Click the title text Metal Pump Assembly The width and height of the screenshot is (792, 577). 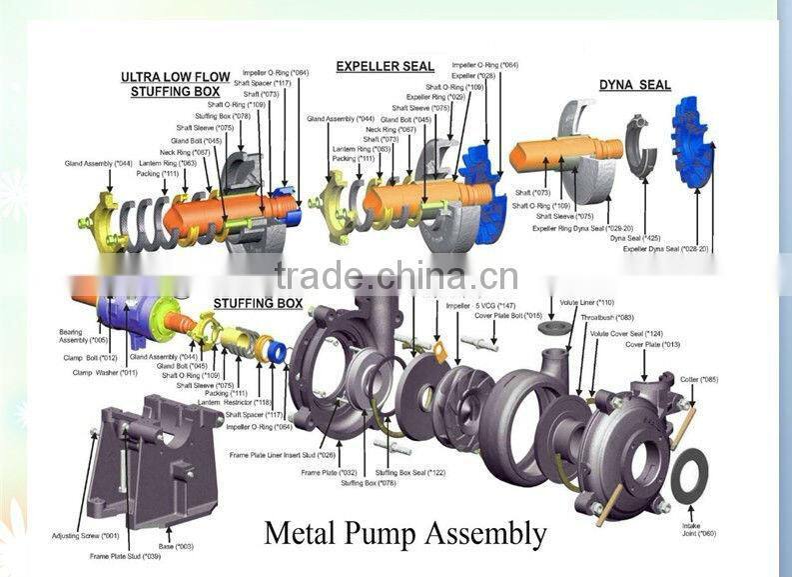[x=404, y=532]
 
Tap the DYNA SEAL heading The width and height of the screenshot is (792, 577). [x=634, y=85]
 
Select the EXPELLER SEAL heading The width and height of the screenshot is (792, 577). [x=385, y=67]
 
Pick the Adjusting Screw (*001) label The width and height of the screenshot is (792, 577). [x=85, y=536]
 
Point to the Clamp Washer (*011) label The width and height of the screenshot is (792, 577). [x=105, y=372]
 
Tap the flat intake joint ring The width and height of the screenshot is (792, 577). [x=689, y=476]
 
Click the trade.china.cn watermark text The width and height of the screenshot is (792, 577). [x=396, y=275]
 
